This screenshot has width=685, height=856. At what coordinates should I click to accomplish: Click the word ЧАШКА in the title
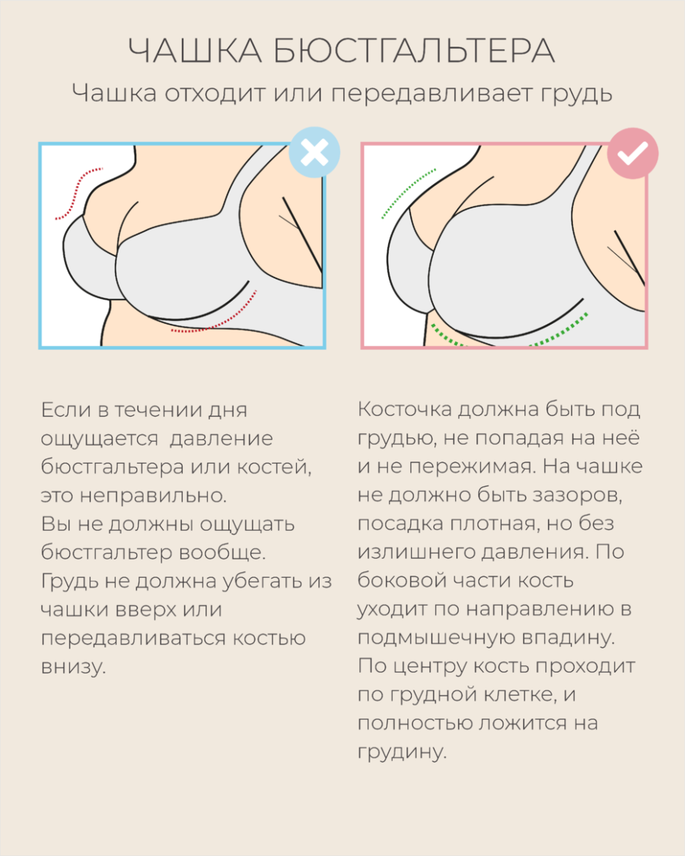tap(195, 52)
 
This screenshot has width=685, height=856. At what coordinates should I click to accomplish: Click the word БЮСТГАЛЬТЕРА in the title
tap(414, 52)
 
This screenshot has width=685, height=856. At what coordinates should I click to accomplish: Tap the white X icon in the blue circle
tap(315, 152)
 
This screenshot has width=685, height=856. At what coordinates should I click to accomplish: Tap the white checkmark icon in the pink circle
tap(633, 153)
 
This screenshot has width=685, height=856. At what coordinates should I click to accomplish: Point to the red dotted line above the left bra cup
tap(78, 194)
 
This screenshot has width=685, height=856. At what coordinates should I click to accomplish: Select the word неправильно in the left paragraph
tap(153, 495)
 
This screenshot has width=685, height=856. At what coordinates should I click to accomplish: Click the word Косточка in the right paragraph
tap(405, 409)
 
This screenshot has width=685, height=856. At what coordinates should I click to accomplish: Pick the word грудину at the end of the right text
tap(402, 752)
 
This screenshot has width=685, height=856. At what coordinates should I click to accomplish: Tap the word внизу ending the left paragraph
tap(74, 667)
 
